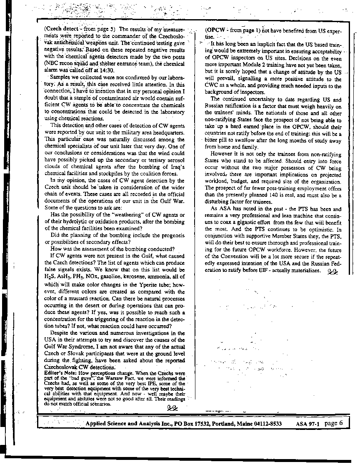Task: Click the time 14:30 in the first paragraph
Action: coord(120,70)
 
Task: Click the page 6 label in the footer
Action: coord(333,423)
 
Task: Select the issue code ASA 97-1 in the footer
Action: coord(307,424)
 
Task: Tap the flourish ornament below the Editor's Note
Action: coord(172,408)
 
